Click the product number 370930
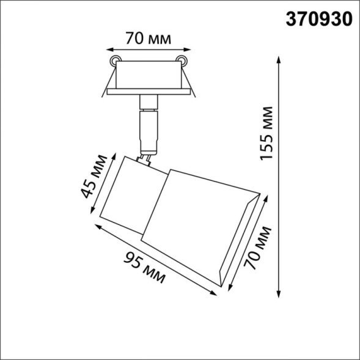click(320, 19)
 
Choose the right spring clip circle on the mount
click(181, 59)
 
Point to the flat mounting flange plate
click(147, 92)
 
